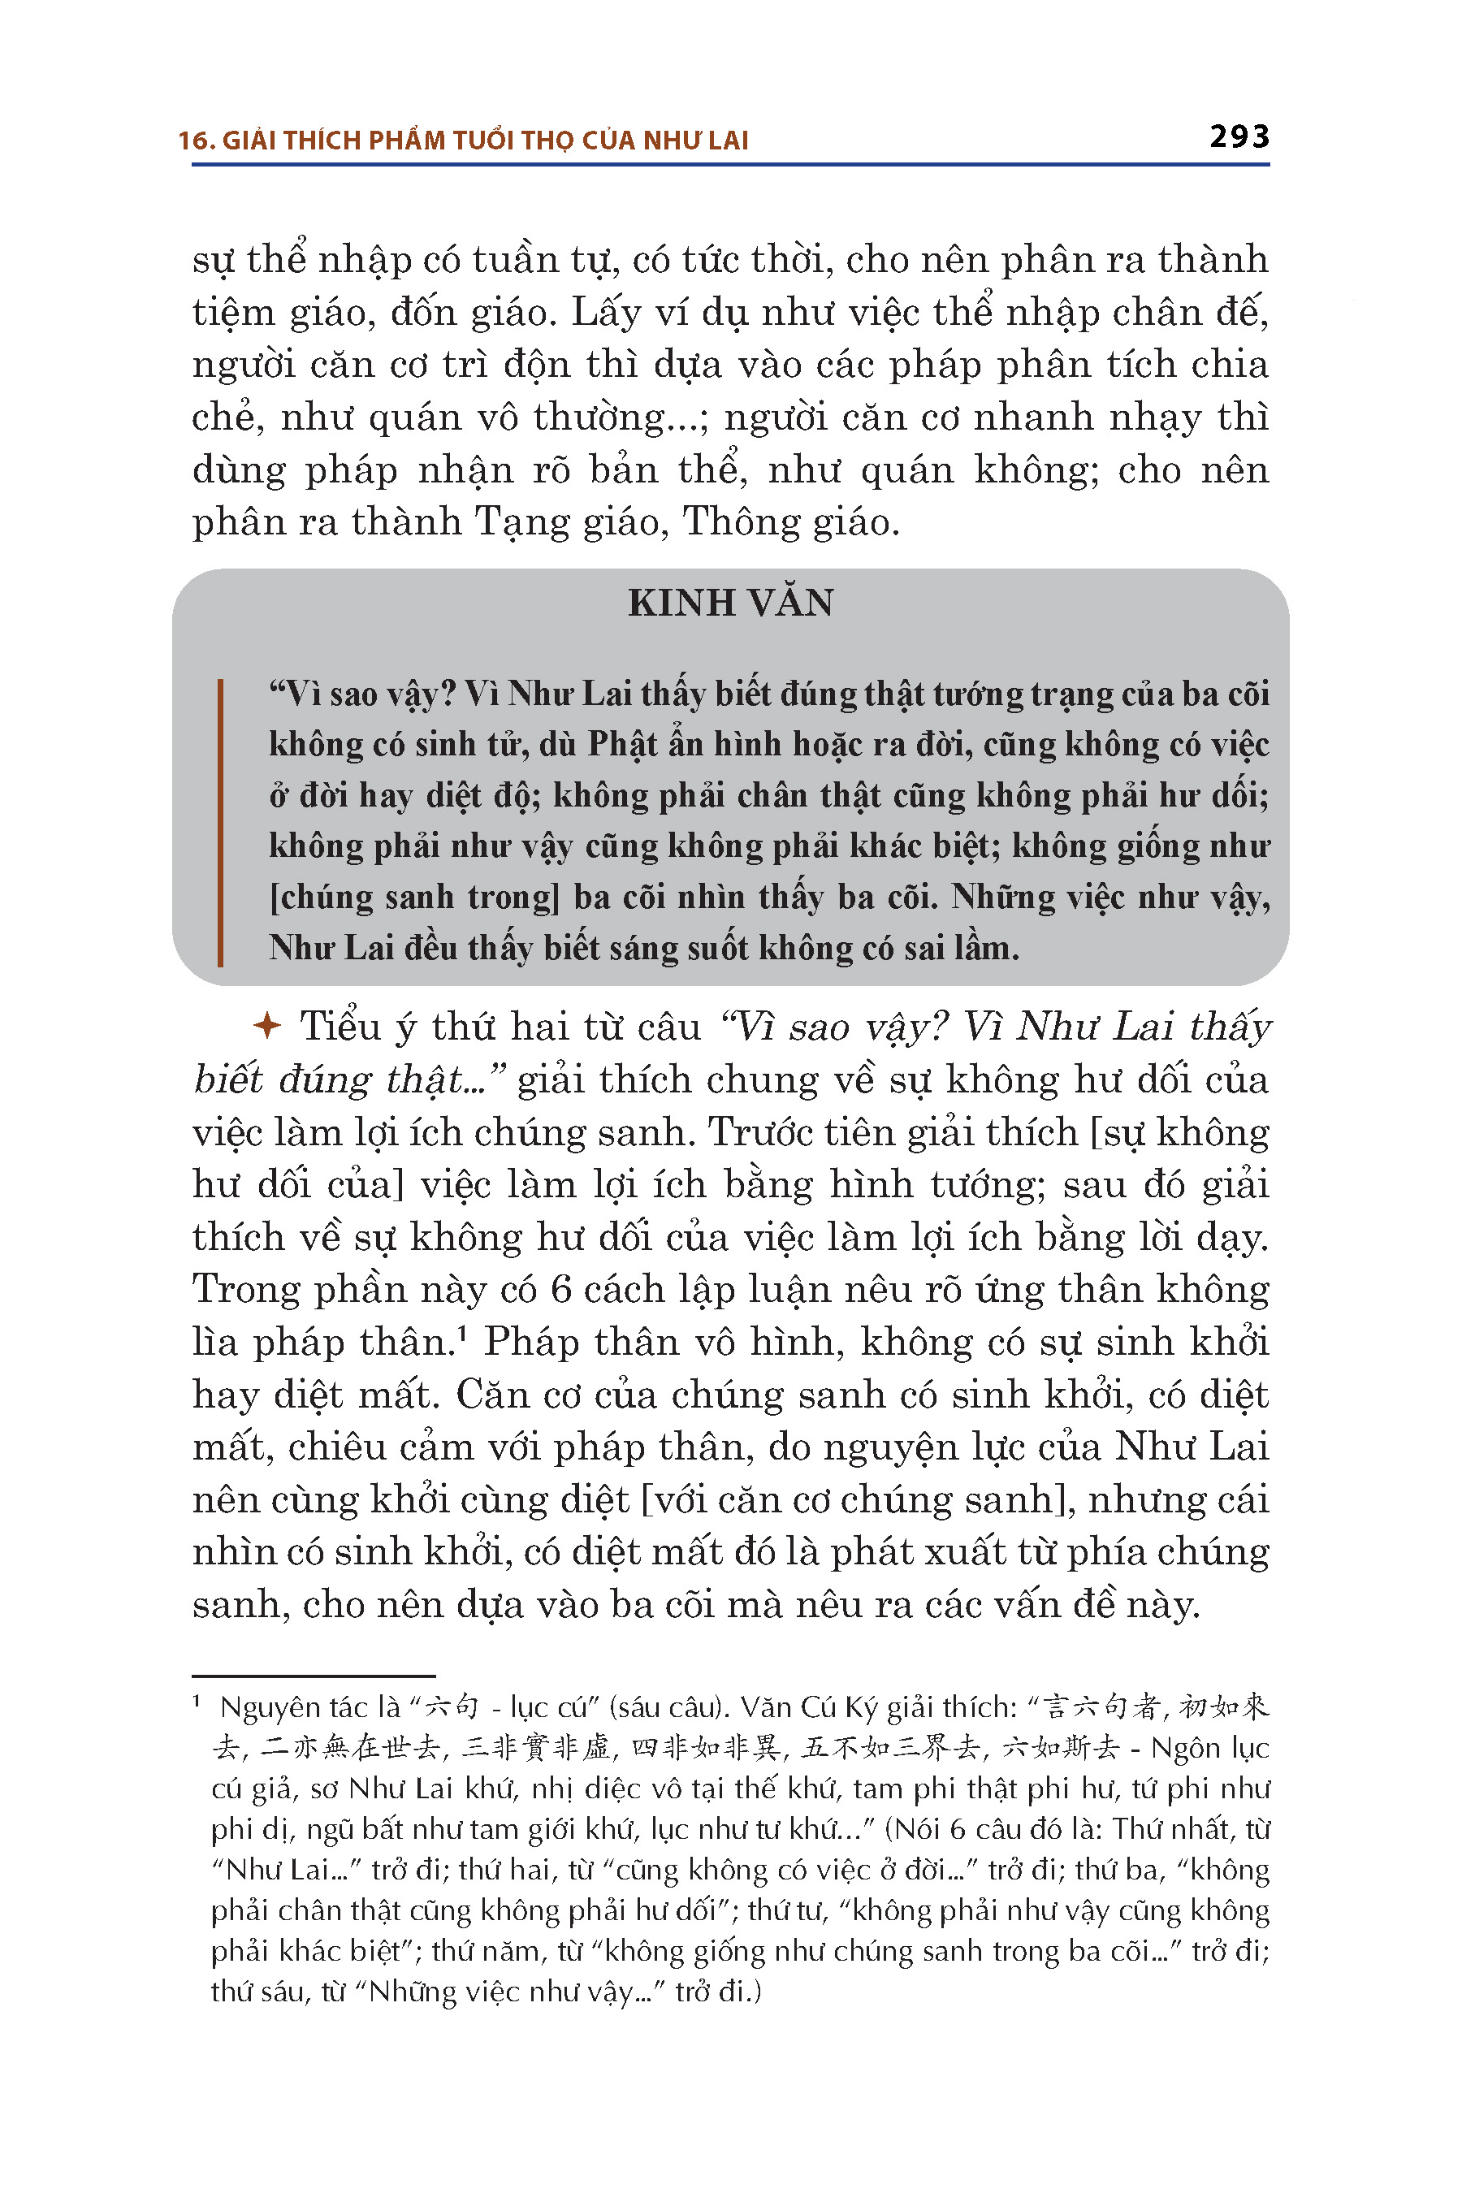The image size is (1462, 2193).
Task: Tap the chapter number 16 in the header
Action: coord(193,141)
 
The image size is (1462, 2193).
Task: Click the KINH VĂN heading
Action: coord(730,603)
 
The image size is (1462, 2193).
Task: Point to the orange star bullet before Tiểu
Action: coord(267,1027)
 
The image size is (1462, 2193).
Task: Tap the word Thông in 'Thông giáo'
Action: coord(742,521)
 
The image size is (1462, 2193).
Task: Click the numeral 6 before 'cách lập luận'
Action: coord(560,1290)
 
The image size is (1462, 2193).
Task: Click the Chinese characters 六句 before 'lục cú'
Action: coord(452,1707)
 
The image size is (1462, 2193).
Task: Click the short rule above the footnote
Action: coord(314,1676)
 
